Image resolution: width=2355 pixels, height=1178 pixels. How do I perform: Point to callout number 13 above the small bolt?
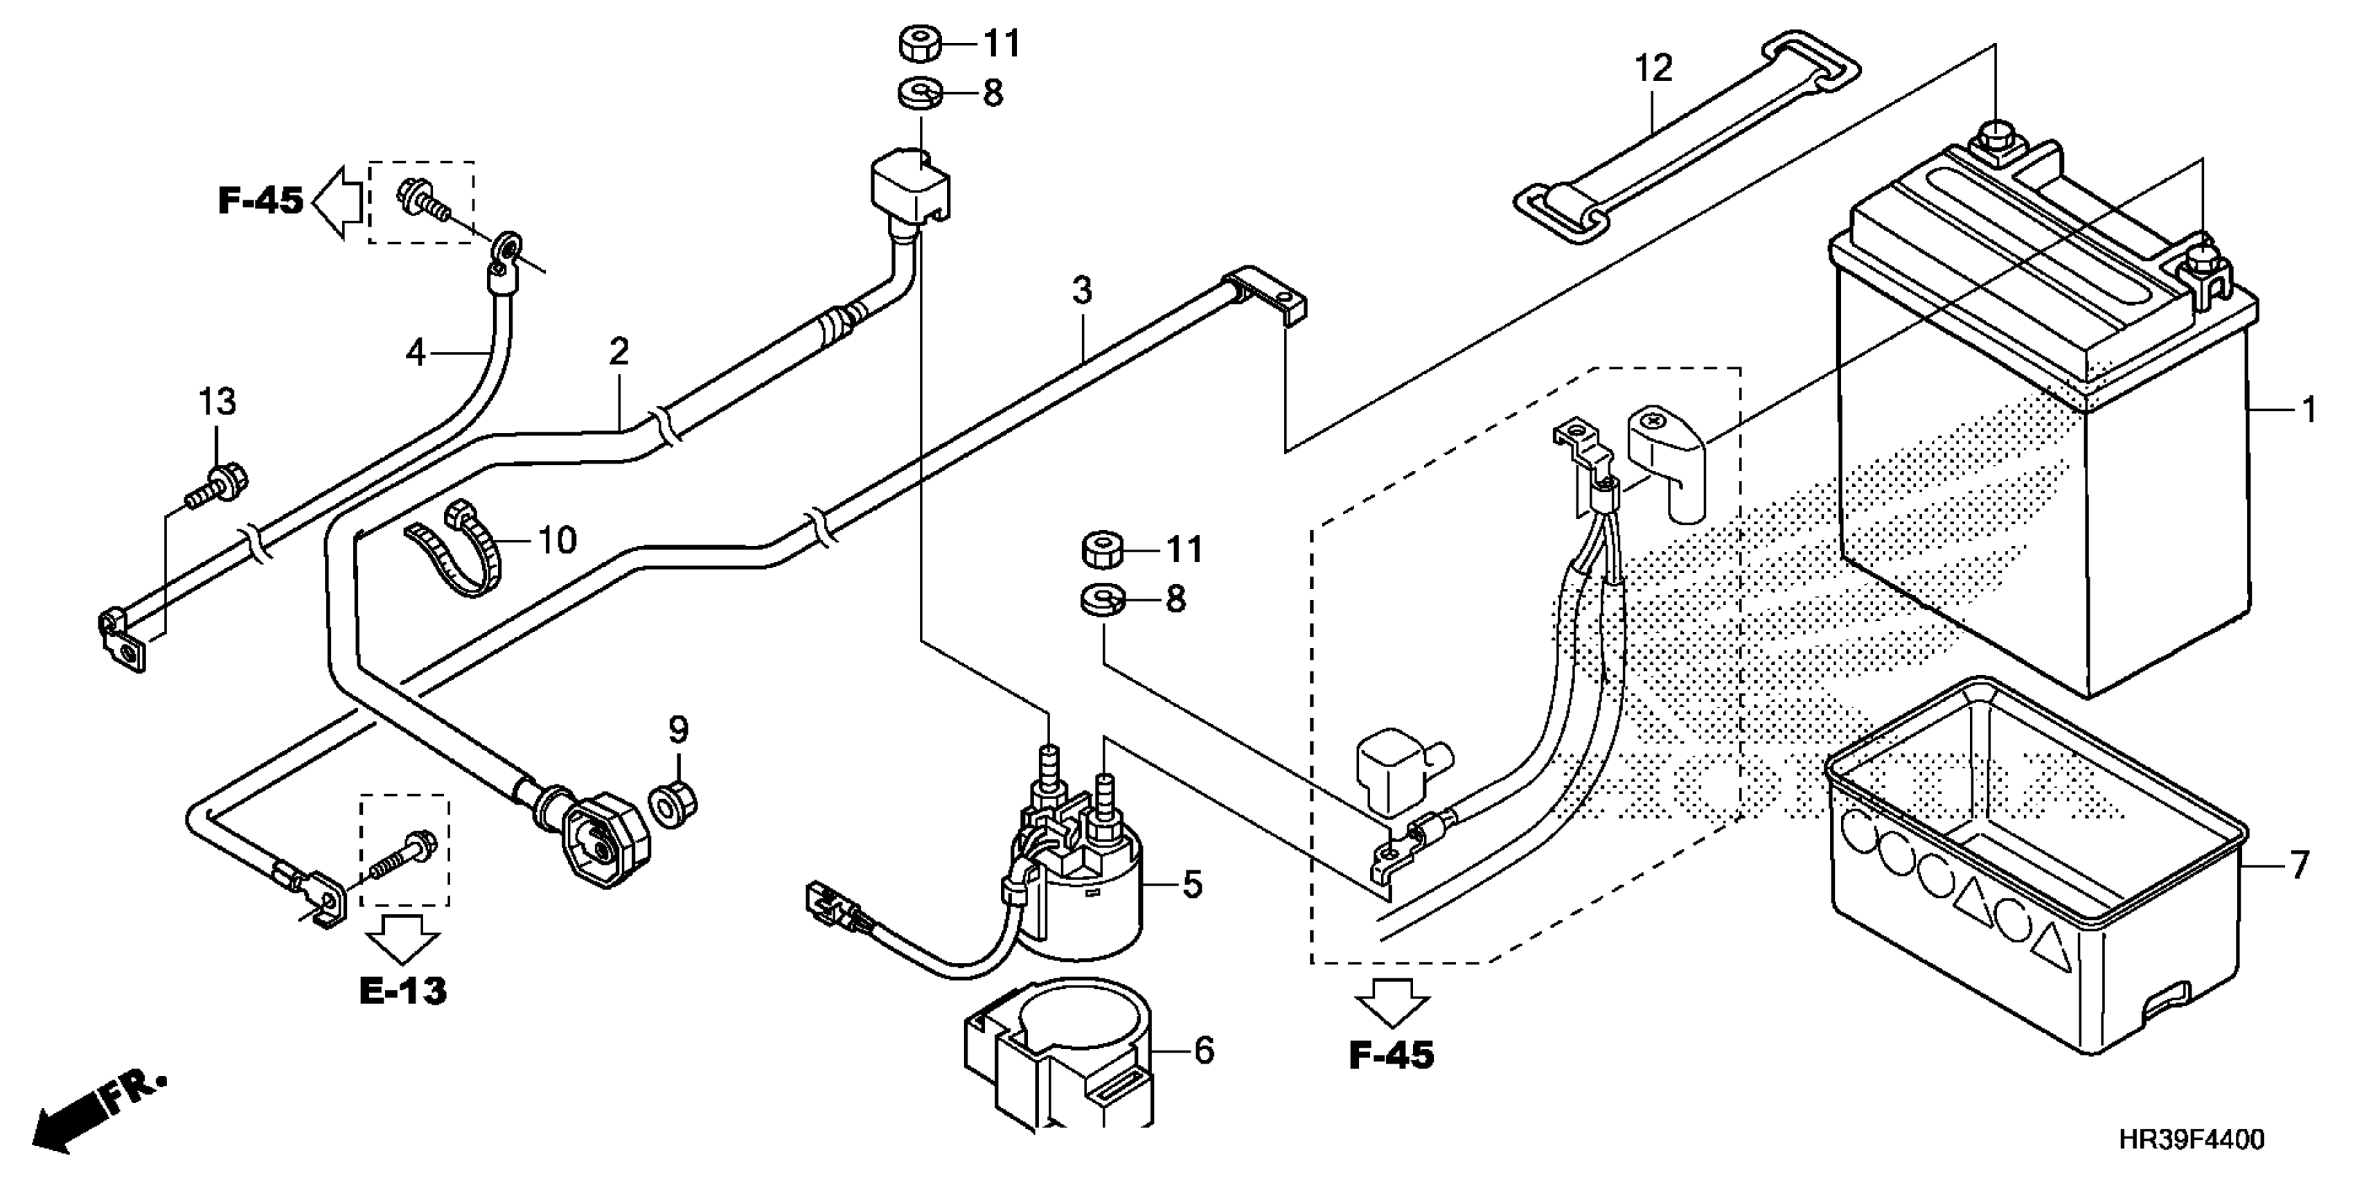[x=217, y=401]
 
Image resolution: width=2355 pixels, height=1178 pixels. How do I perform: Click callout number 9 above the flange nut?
[x=677, y=730]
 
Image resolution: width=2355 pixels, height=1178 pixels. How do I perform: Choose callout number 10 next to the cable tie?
[x=558, y=540]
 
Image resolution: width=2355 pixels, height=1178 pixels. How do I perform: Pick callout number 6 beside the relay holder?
[x=1204, y=1050]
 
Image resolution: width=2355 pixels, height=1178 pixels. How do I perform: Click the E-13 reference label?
[x=403, y=990]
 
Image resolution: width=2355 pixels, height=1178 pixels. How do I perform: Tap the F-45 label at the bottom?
[x=1392, y=1055]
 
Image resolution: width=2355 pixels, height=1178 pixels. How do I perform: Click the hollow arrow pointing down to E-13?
[x=402, y=935]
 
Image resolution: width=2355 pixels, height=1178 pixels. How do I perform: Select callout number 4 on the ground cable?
[x=416, y=352]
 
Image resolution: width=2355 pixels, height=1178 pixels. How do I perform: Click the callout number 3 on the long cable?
[x=1081, y=291]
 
